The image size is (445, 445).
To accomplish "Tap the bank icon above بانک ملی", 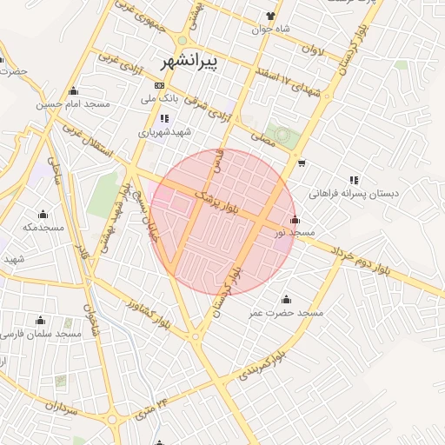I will pos(158,86).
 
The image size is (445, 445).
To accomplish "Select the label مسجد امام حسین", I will pos(73,104).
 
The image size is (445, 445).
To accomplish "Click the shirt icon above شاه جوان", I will pos(270,16).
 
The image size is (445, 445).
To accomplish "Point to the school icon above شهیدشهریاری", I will pos(164,118).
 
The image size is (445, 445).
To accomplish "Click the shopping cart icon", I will pos(301,163).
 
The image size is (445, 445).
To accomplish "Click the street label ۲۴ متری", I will pos(151,407).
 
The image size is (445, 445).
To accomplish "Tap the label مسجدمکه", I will pos(43,228).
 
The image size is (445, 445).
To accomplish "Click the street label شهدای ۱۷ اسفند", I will pos(289,87).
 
